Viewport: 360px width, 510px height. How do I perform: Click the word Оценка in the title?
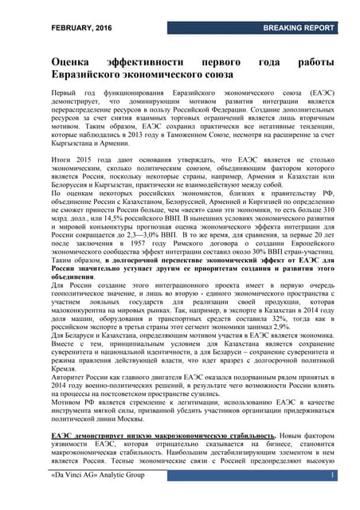(x=76, y=59)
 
